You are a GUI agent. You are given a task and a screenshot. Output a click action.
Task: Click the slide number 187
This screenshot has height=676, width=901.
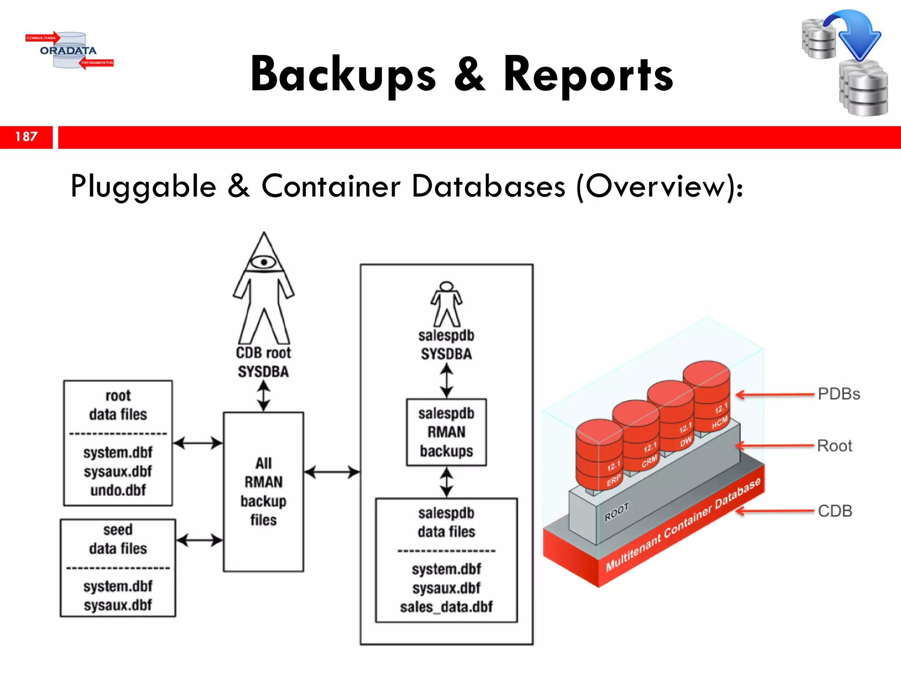click(26, 137)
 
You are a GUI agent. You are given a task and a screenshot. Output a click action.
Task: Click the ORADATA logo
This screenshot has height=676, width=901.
click(69, 51)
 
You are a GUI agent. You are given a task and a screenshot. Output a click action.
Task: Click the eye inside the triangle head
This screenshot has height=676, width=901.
click(264, 262)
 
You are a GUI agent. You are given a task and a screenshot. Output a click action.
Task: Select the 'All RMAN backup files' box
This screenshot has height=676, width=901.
click(263, 492)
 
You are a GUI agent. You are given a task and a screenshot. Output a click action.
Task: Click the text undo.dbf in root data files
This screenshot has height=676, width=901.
click(118, 490)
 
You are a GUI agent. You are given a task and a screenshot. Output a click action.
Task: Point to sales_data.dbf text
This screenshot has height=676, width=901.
click(446, 607)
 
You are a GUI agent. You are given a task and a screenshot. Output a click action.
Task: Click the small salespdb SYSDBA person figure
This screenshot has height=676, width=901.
click(446, 304)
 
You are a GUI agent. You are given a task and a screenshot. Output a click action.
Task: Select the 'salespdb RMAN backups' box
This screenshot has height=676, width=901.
click(446, 432)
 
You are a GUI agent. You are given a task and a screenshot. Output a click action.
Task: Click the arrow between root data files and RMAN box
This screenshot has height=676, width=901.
click(198, 443)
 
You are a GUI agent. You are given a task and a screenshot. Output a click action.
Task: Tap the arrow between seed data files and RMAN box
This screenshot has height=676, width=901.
click(199, 540)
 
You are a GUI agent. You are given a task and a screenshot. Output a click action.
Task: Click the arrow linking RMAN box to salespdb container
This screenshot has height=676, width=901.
click(332, 472)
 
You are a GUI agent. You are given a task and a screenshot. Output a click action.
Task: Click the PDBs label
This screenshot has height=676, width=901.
click(839, 394)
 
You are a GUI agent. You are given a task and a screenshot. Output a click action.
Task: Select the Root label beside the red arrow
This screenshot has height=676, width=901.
click(834, 446)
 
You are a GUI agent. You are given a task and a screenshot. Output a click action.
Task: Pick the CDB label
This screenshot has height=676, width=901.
click(835, 511)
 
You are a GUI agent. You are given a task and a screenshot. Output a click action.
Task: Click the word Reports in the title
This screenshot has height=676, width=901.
click(588, 75)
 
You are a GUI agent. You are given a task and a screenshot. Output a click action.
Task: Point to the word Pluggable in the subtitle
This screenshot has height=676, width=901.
click(143, 187)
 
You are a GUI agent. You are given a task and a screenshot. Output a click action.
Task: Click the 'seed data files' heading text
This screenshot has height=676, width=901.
click(118, 539)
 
